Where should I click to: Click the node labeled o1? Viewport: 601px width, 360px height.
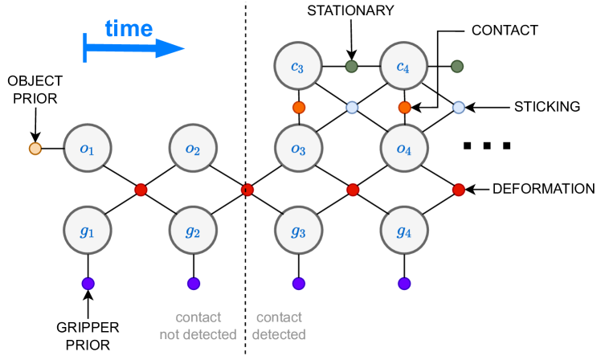87,149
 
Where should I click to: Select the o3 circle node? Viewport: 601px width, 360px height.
298,149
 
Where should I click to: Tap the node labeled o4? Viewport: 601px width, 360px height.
403,149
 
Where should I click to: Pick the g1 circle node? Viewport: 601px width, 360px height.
87,231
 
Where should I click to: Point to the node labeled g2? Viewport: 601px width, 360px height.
193,231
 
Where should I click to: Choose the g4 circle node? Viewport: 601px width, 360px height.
403,231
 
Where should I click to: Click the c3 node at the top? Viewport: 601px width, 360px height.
298,66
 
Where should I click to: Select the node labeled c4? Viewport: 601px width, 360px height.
403,66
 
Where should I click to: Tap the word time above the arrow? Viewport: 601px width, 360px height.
129,28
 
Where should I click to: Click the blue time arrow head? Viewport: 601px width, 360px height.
170,49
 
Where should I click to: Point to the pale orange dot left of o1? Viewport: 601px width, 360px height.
35,149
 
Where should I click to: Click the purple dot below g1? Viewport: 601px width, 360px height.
88,283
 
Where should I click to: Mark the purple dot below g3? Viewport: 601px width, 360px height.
299,283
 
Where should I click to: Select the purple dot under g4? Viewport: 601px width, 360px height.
404,283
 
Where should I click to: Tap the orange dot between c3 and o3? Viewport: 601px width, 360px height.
299,108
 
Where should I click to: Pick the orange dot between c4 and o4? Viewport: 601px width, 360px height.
404,108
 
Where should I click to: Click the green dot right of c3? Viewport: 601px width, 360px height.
351,66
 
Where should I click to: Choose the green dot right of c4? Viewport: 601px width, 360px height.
456,66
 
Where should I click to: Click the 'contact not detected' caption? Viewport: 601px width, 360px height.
198,325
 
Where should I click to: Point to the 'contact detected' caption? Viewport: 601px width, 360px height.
279,325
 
